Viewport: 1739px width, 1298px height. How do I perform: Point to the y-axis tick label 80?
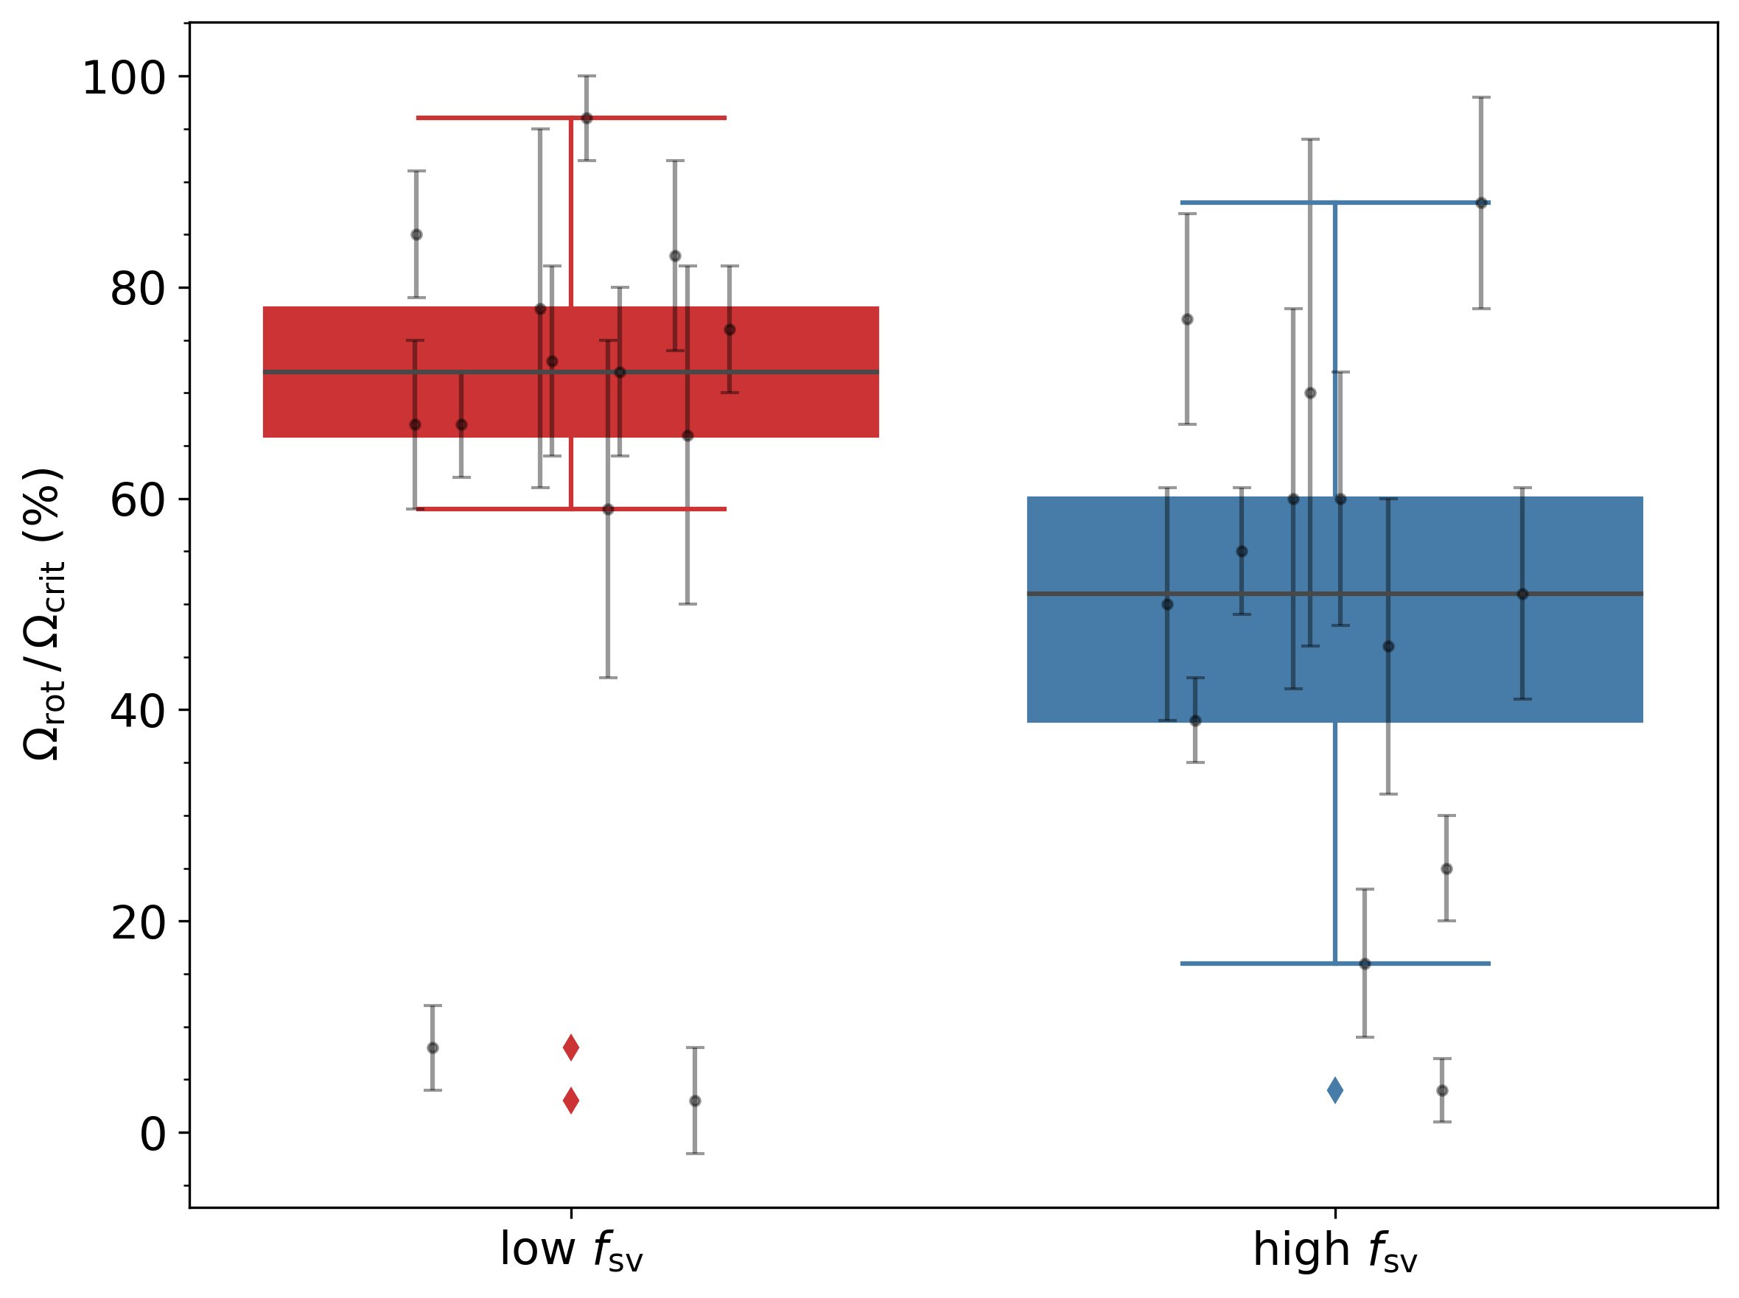(x=138, y=290)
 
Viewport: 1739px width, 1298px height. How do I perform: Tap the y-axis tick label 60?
(x=138, y=500)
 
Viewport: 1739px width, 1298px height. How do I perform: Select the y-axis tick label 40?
(x=138, y=711)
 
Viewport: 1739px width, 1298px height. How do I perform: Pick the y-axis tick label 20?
(x=138, y=922)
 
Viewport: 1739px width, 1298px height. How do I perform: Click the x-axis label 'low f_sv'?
(x=571, y=1250)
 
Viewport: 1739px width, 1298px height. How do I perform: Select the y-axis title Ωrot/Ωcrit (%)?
(x=43, y=614)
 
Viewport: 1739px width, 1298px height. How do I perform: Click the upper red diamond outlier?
(x=571, y=1048)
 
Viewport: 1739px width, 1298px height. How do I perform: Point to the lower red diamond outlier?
(x=571, y=1100)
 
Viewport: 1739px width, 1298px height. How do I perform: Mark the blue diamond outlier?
(x=1334, y=1090)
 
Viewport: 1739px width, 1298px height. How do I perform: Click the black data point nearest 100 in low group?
(x=587, y=118)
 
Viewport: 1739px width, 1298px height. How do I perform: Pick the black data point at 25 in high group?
(x=1446, y=869)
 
